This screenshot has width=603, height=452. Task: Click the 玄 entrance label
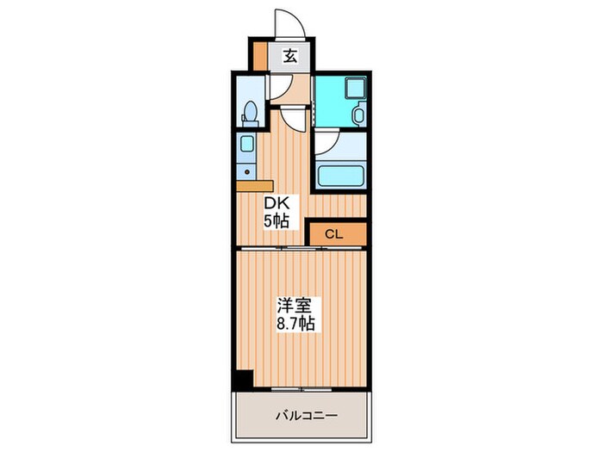pos(291,58)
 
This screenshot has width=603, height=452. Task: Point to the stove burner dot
pos(246,169)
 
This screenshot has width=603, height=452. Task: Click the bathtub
pos(341,176)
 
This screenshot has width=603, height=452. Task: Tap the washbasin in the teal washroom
pos(360,113)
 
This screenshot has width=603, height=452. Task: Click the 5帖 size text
pos(277,220)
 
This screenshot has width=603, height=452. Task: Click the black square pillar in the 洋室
pos(244,378)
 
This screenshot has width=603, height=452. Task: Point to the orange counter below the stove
pos(253,183)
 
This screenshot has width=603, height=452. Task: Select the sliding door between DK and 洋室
pos(301,248)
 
